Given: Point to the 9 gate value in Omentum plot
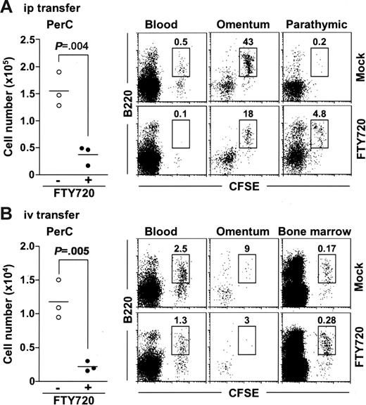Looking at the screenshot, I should (247, 247).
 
